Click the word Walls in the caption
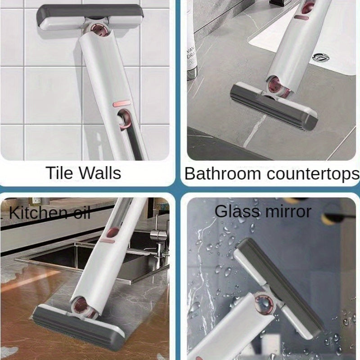click(101, 173)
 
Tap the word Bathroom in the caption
click(222, 174)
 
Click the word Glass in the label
click(237, 211)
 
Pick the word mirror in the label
click(288, 211)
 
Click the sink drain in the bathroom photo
click(321, 57)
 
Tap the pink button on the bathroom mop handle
click(301, 17)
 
